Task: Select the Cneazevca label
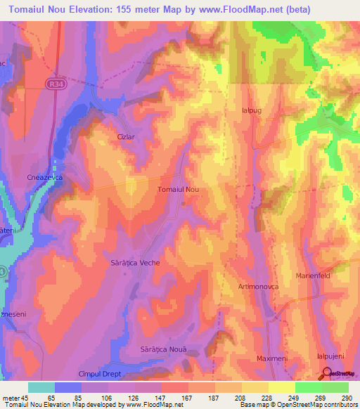pos(45,178)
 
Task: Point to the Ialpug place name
pos(251,110)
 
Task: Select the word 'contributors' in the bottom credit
pos(340,405)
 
